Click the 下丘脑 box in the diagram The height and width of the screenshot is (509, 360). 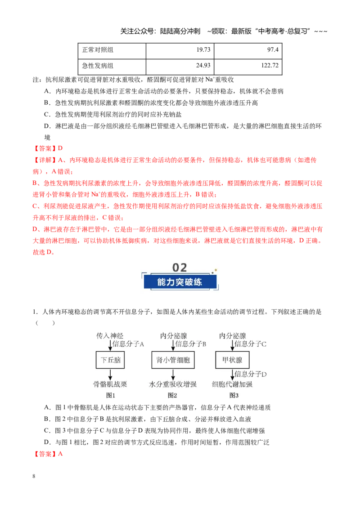(110, 360)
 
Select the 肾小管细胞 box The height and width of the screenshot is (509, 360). (173, 360)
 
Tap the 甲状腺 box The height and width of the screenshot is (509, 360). (232, 360)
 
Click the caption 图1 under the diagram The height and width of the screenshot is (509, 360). (110, 395)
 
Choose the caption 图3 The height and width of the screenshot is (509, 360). (234, 395)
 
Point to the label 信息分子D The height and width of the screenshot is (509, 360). (251, 374)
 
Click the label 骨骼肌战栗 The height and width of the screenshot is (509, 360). (110, 384)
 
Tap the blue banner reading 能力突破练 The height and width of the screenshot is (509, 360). (180, 282)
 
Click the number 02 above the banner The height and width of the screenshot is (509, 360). (180, 268)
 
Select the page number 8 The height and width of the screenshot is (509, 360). (34, 476)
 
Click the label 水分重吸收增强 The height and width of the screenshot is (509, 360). (173, 384)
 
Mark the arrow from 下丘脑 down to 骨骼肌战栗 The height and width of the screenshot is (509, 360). (110, 374)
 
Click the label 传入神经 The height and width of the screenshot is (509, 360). (110, 335)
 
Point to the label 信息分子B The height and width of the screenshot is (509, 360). (191, 344)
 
